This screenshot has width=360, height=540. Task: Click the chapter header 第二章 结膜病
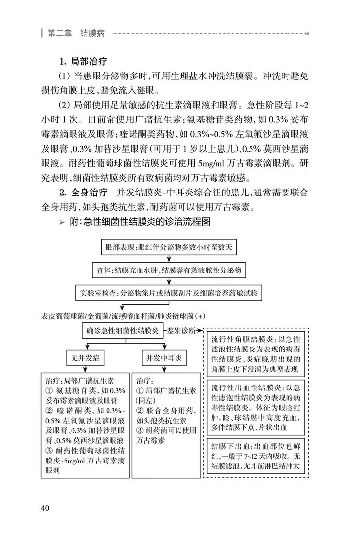tap(76, 34)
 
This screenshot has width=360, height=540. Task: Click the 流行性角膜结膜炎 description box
tap(258, 354)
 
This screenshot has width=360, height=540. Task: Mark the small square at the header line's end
tap(308, 34)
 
